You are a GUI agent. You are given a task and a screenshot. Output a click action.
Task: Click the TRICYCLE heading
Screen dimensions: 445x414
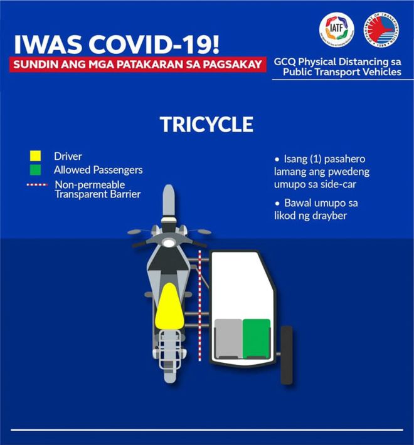pos(206,124)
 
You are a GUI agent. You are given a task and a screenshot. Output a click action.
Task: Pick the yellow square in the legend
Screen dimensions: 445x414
pos(35,156)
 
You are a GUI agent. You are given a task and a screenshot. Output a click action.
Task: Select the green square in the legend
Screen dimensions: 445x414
pos(35,170)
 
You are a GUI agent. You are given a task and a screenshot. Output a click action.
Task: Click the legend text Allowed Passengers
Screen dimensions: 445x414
pos(98,170)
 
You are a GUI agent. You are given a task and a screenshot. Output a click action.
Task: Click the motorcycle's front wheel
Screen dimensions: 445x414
pos(167,201)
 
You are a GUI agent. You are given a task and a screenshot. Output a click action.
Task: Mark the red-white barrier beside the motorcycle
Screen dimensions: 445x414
pos(199,306)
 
